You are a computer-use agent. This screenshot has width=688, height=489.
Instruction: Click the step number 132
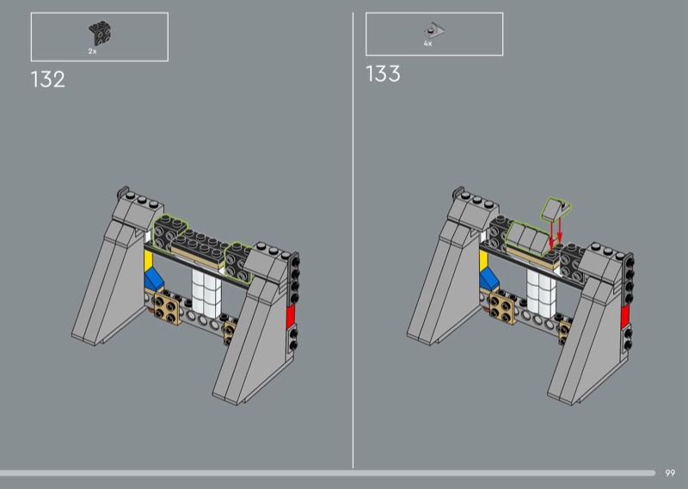pos(48,79)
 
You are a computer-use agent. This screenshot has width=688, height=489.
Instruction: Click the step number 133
pos(383,73)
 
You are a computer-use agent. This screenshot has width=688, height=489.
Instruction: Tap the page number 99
pos(670,473)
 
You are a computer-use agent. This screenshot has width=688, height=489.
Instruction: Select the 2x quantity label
pos(92,52)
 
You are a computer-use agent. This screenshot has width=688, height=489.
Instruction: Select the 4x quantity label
pos(427,44)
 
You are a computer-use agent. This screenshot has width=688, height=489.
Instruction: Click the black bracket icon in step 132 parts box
pos(100,33)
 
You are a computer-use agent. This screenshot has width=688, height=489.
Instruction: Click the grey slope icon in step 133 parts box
pos(434,30)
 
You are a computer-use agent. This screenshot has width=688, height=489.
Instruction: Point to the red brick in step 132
pos(291,316)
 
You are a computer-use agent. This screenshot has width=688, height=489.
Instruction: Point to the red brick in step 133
pos(625,316)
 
